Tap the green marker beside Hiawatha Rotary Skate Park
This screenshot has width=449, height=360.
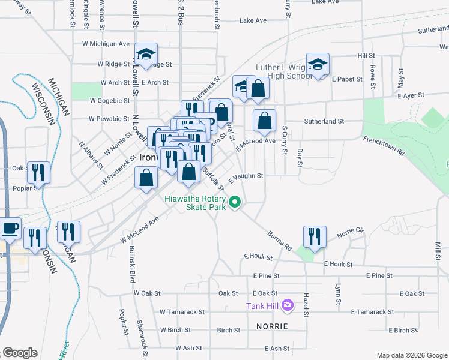click(235, 203)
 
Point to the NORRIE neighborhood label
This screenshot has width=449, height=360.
click(271, 326)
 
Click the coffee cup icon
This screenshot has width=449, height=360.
click(11, 227)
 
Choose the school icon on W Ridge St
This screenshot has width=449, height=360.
click(145, 53)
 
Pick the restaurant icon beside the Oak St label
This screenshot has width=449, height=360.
click(39, 172)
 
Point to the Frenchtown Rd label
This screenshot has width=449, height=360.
click(384, 147)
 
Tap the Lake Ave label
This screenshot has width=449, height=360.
click(253, 20)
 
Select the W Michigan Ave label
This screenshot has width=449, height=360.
click(106, 44)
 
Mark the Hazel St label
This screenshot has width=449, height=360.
click(306, 302)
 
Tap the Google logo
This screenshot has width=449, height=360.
click(20, 352)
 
